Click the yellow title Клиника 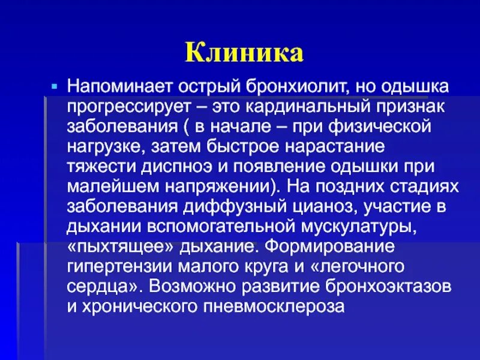244,53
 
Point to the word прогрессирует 125,107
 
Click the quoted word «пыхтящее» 107,245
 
